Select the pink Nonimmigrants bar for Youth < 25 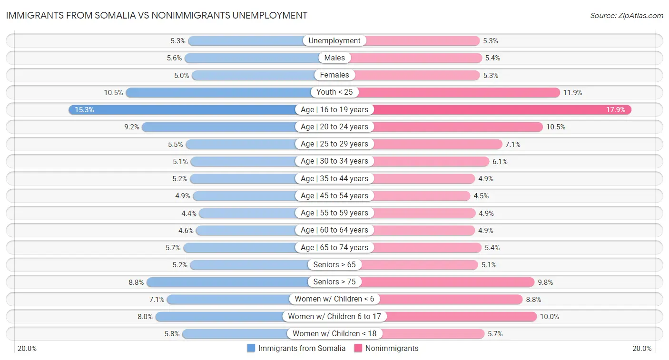tap(459, 92)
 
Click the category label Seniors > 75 tap(334, 282)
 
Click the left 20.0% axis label tap(27, 348)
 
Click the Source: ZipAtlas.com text tap(626, 16)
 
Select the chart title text tap(157, 15)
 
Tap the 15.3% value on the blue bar tap(84, 110)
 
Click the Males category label tap(334, 58)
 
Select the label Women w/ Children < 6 tap(334, 299)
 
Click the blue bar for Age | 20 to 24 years tap(219, 127)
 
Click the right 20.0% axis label tap(641, 348)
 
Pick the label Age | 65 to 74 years tap(334, 247)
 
